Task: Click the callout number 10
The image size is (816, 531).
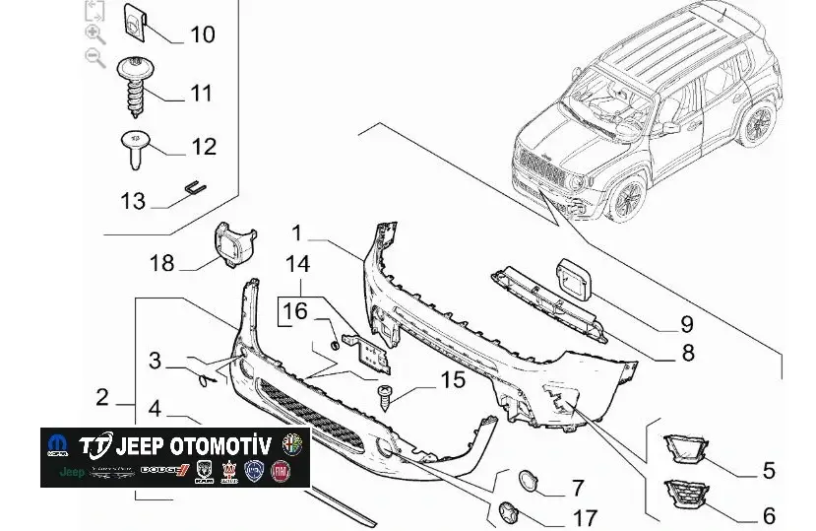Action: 202,35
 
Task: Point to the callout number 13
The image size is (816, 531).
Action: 133,201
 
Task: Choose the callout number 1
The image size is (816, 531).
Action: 299,233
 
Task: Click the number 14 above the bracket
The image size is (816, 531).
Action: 297,264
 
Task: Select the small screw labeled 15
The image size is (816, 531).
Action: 386,398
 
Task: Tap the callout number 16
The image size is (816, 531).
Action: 296,312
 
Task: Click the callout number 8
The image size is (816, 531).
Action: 686,353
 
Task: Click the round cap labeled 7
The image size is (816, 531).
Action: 530,482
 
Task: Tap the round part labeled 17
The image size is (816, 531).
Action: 508,511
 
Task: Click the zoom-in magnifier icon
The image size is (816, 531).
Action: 95,34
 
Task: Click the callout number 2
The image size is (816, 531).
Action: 102,399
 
